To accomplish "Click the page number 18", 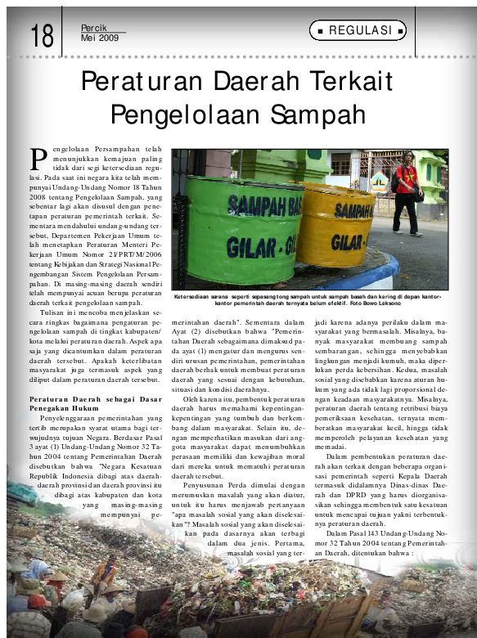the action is (x=42, y=36).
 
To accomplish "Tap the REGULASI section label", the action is (x=358, y=31).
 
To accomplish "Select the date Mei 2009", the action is (x=100, y=38).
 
